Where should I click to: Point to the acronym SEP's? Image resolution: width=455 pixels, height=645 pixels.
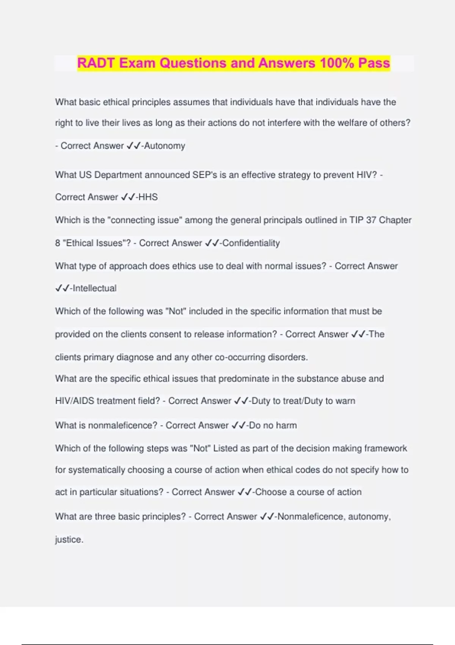pyautogui.click(x=205, y=175)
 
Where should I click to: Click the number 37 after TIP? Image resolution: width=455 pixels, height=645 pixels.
pyautogui.click(x=371, y=220)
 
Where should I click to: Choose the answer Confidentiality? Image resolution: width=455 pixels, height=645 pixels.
pyautogui.click(x=251, y=243)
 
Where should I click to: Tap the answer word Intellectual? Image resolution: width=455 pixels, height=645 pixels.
pyautogui.click(x=94, y=288)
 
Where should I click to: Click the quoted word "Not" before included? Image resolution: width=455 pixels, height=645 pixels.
pyautogui.click(x=176, y=311)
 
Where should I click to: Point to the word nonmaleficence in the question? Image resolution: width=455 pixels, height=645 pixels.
pyautogui.click(x=122, y=425)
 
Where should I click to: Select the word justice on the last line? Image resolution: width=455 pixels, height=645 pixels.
pyautogui.click(x=69, y=540)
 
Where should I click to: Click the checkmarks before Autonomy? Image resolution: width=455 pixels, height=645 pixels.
pyautogui.click(x=133, y=146)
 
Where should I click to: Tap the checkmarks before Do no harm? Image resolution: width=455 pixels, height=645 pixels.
pyautogui.click(x=238, y=425)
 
